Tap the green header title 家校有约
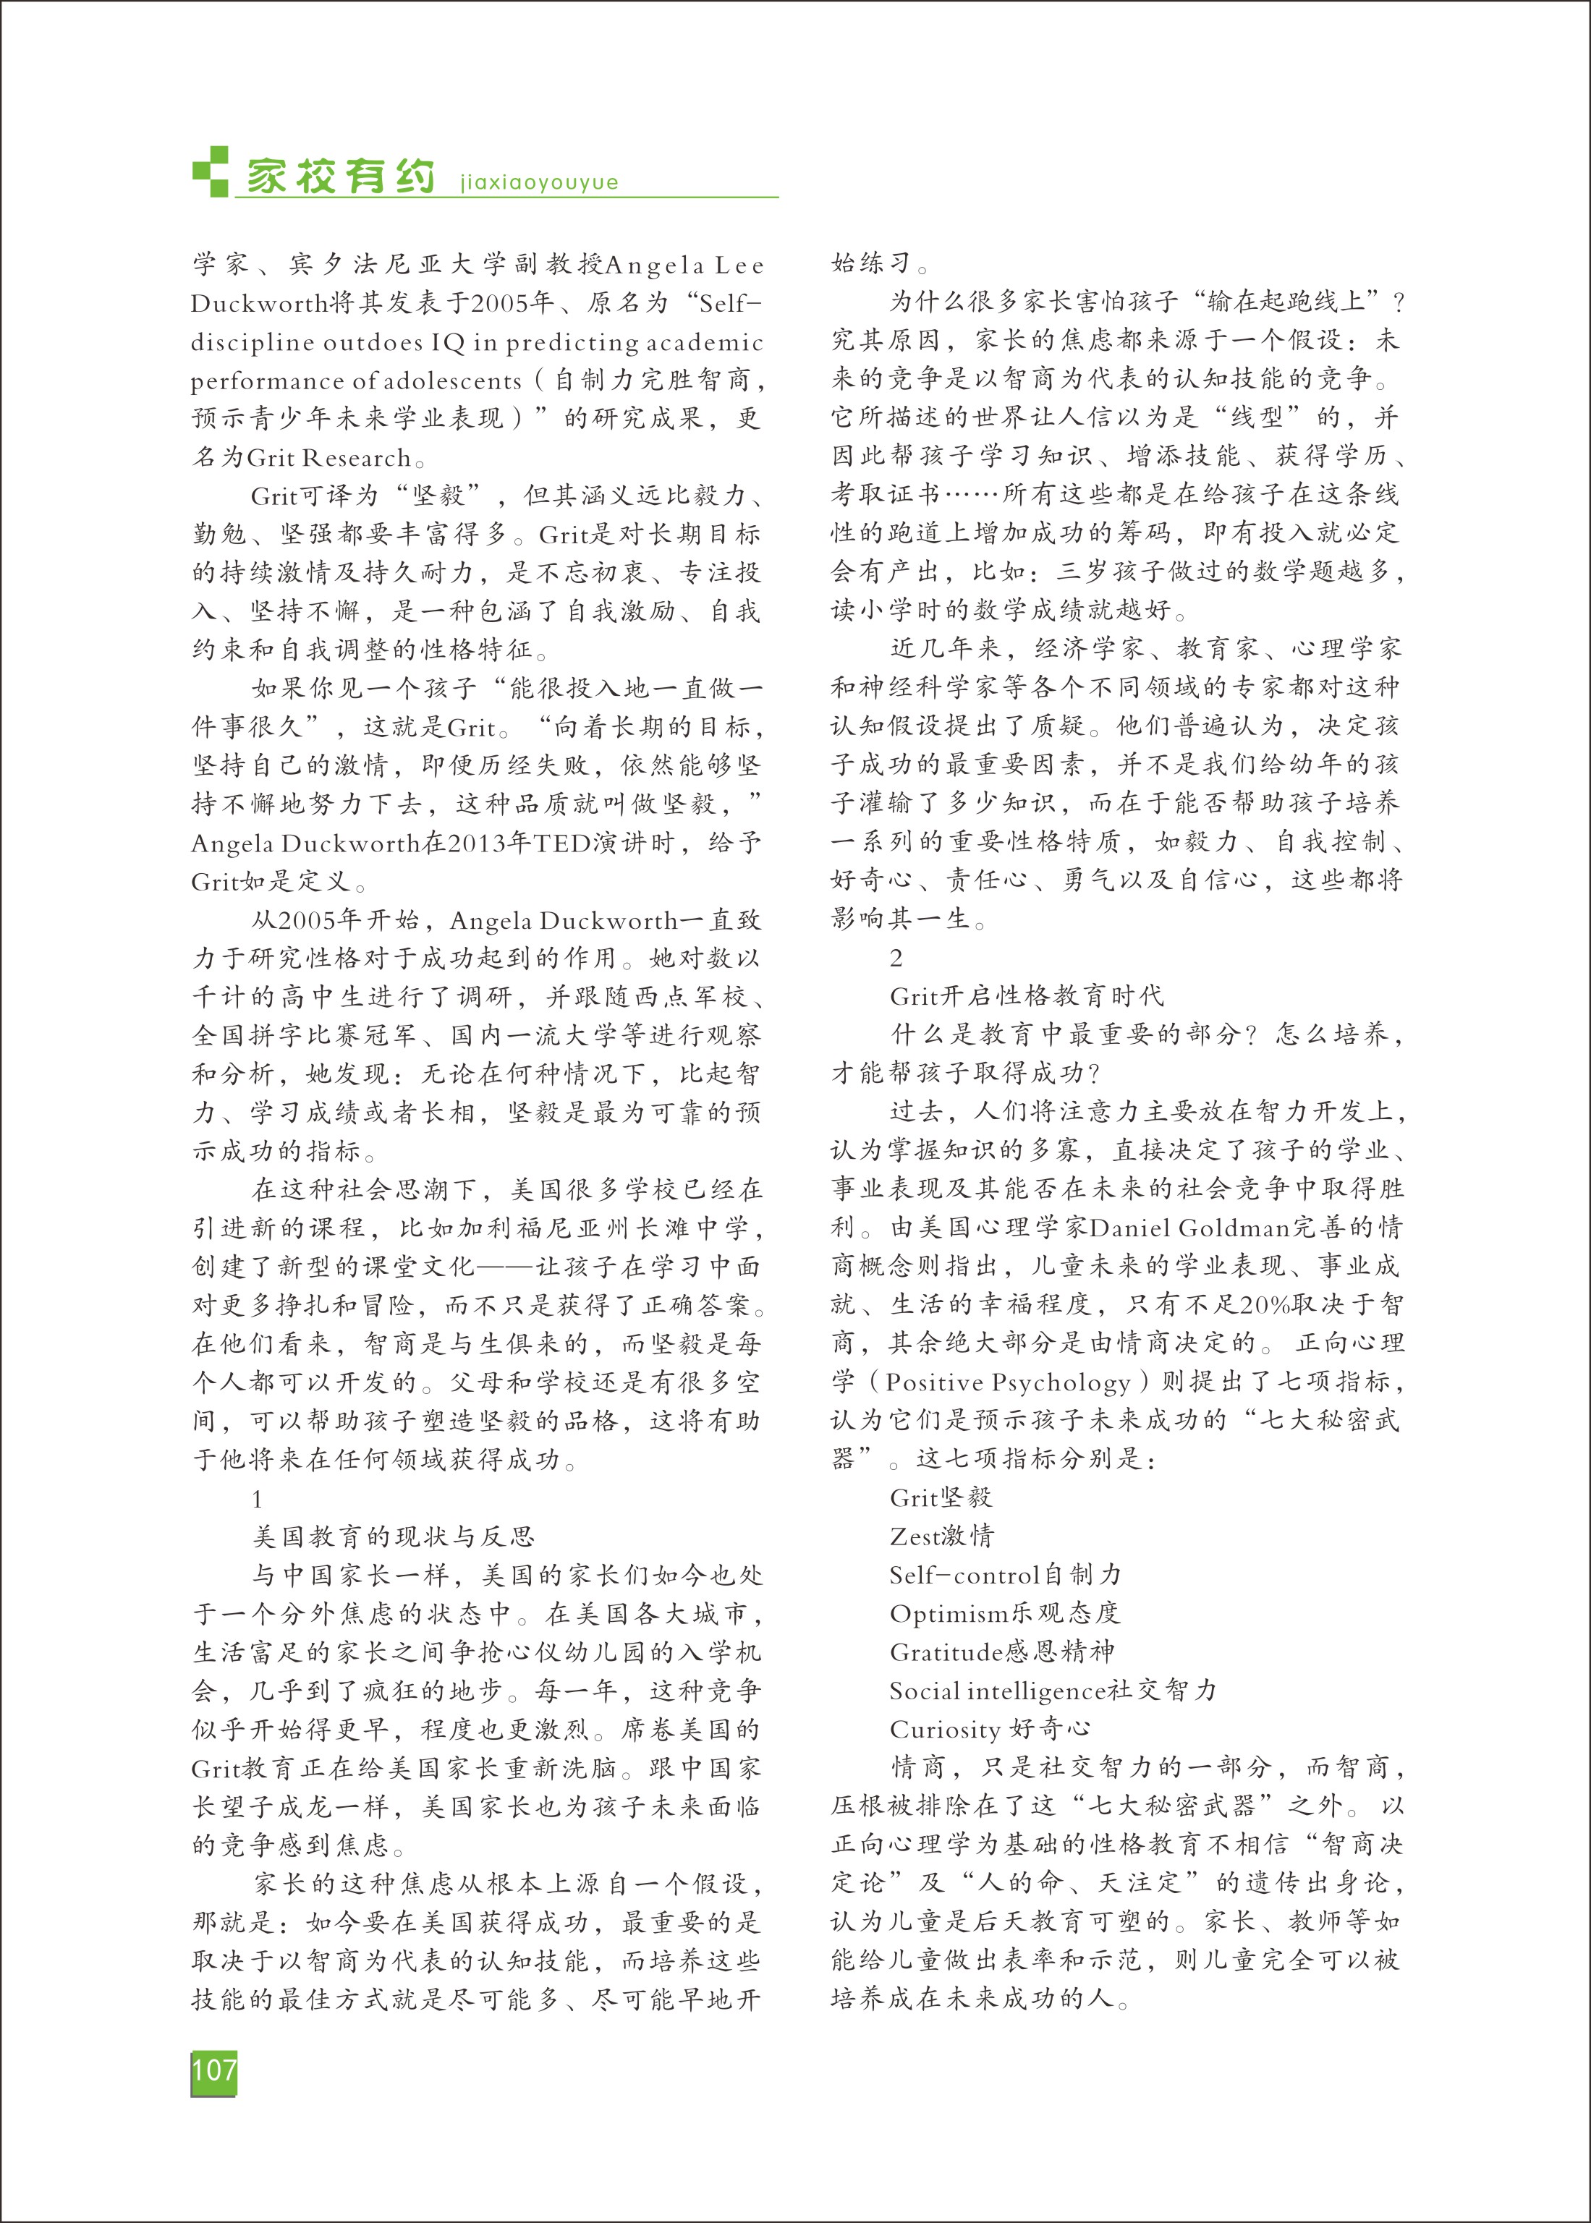[340, 177]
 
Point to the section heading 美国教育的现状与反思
[394, 1536]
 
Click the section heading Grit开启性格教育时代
[1027, 996]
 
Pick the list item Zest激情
[941, 1536]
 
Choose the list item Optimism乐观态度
[1004, 1613]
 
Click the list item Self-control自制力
[1005, 1575]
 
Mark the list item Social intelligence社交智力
[1052, 1691]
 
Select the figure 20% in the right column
[1272, 1304]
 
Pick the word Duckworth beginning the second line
[258, 304]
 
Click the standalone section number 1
[258, 1498]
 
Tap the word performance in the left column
[258, 381]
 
